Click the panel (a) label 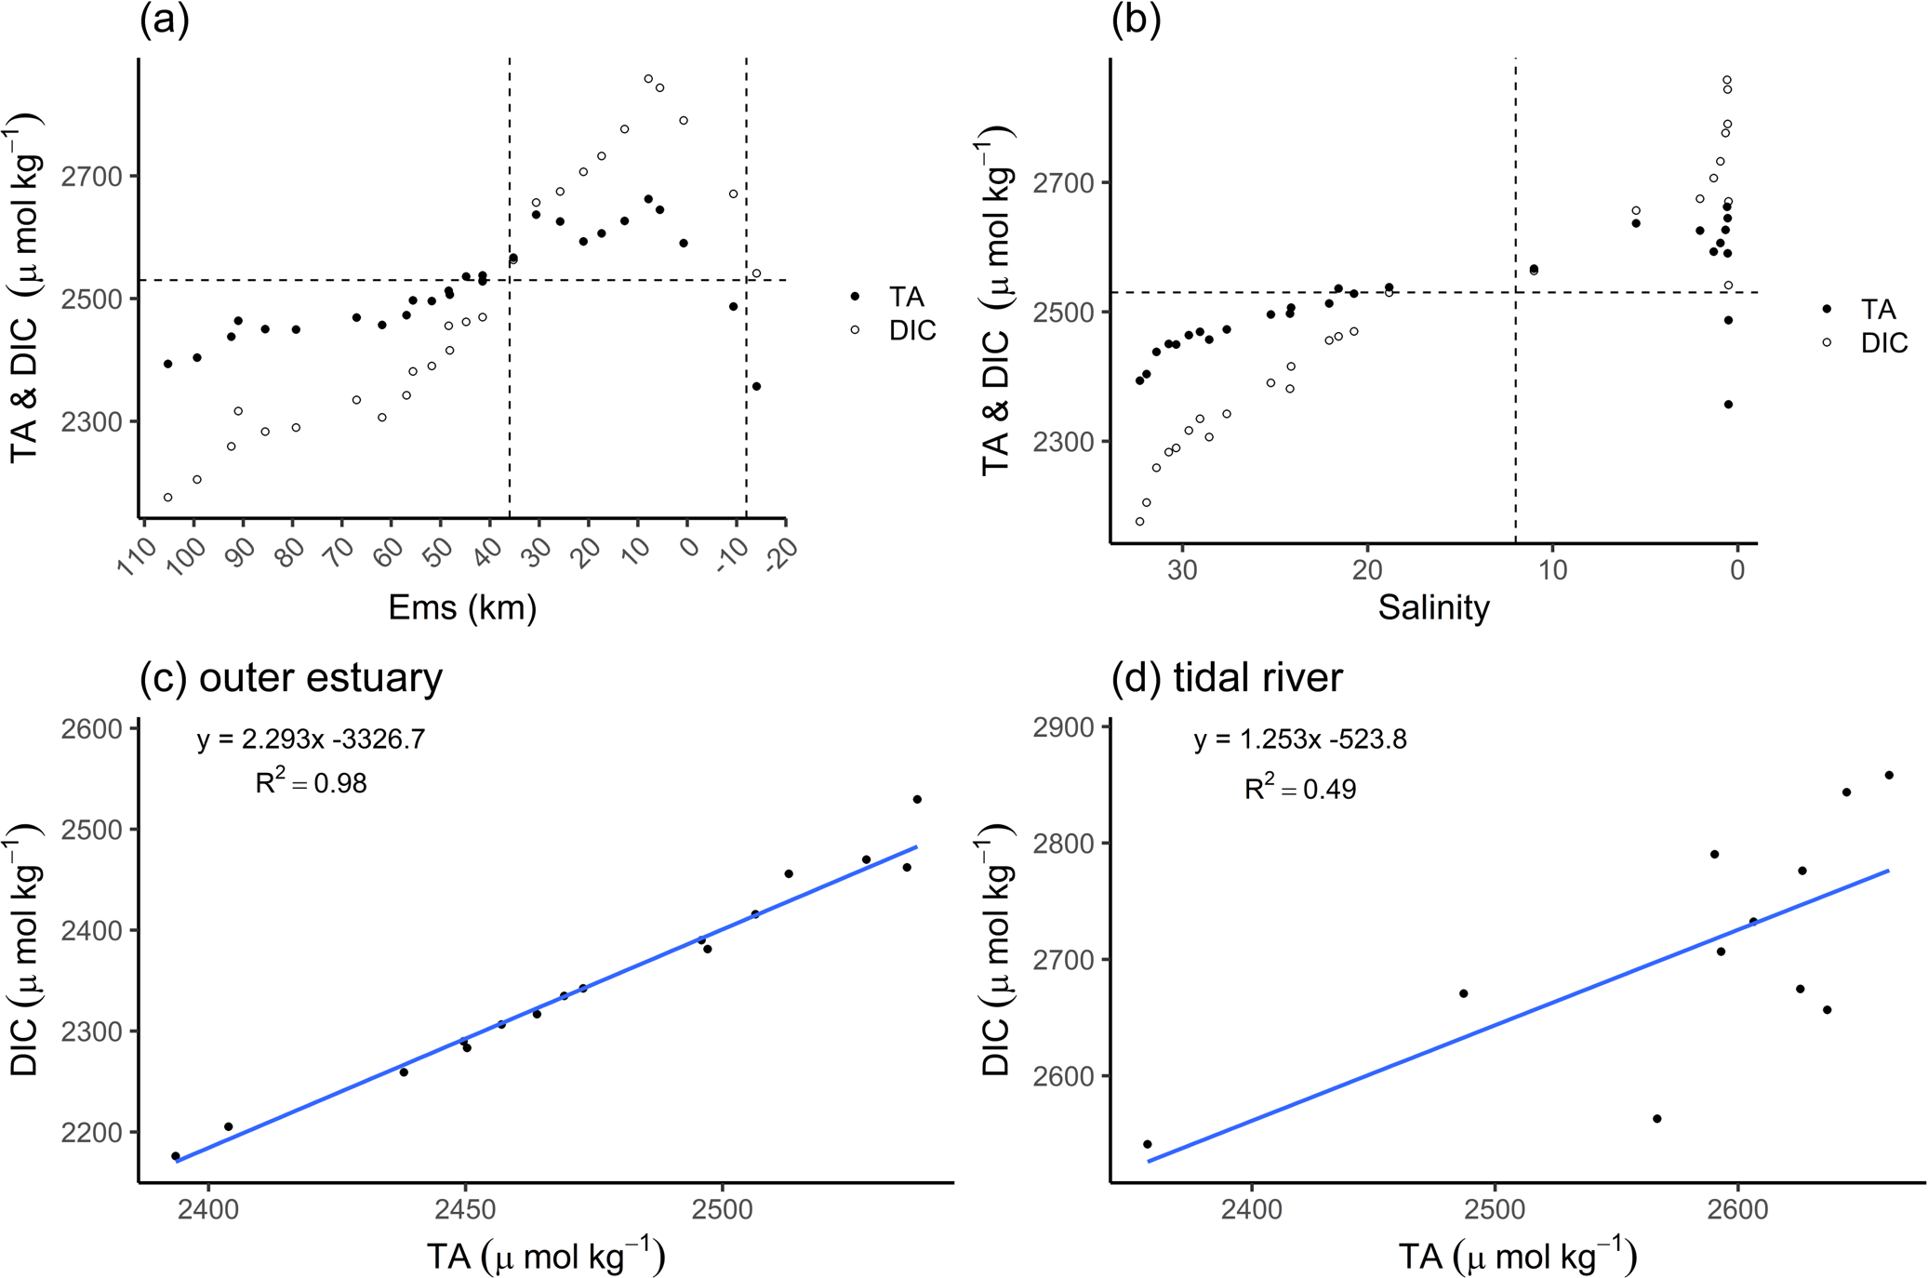click(165, 20)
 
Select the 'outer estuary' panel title click(291, 677)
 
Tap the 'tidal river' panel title click(1227, 677)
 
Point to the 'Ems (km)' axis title click(462, 607)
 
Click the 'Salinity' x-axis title click(1433, 607)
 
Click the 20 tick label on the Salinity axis click(1367, 569)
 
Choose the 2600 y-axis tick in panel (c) click(92, 728)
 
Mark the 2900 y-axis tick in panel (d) click(1064, 726)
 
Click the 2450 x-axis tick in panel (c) click(465, 1209)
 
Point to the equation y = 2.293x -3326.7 click(311, 739)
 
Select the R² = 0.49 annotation click(1299, 789)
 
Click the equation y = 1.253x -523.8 click(1299, 739)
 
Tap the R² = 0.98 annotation click(311, 783)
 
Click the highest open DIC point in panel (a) click(648, 79)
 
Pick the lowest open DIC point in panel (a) click(168, 498)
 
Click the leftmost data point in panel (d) click(1147, 1144)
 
